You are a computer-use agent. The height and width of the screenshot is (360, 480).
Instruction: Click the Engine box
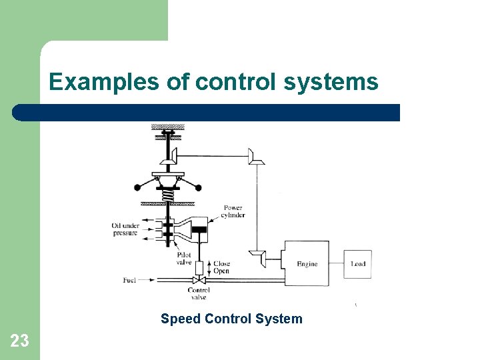pyautogui.click(x=307, y=264)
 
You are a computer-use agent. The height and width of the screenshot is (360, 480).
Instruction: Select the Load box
pyautogui.click(x=358, y=264)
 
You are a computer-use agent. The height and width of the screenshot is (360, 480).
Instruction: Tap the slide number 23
pyautogui.click(x=20, y=341)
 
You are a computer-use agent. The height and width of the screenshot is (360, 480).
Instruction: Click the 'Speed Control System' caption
pyautogui.click(x=231, y=319)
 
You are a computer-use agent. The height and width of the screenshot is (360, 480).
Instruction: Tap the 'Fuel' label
pyautogui.click(x=129, y=280)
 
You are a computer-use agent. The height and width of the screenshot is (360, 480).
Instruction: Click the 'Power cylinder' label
pyautogui.click(x=234, y=211)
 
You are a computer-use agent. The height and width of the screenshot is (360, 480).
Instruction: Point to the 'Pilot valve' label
pyautogui.click(x=184, y=259)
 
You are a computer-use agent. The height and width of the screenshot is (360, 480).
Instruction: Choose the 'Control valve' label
pyautogui.click(x=199, y=293)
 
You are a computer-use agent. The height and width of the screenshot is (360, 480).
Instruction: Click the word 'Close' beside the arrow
pyautogui.click(x=221, y=264)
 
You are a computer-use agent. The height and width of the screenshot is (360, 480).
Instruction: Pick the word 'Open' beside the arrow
pyautogui.click(x=221, y=271)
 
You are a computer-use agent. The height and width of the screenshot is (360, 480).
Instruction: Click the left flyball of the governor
pyautogui.click(x=137, y=187)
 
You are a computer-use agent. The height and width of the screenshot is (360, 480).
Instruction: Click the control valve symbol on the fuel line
pyautogui.click(x=199, y=280)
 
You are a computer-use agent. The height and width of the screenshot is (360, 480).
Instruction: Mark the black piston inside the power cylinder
pyautogui.click(x=199, y=231)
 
